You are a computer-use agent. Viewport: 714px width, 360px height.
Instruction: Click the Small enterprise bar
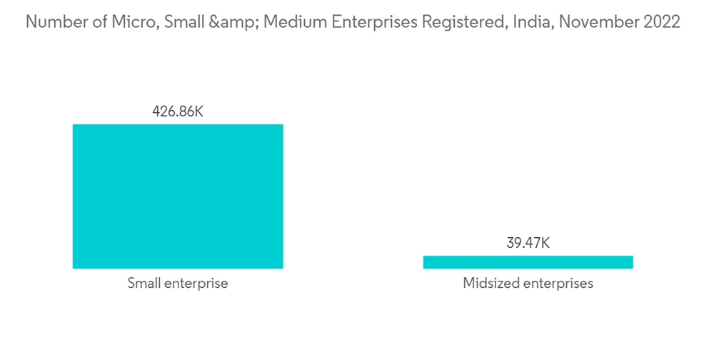point(178,196)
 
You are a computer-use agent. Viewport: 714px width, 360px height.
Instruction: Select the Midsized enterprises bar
point(528,262)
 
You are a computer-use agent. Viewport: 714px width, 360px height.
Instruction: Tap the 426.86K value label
point(178,111)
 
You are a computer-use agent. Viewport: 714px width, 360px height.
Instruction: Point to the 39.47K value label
point(528,243)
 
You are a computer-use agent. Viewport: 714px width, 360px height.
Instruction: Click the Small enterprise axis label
point(178,284)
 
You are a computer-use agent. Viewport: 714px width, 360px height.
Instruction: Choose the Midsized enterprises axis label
point(528,284)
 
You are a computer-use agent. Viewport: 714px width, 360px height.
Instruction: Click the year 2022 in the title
point(662,22)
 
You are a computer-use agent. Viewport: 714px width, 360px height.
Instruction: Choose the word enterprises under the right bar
point(558,284)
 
